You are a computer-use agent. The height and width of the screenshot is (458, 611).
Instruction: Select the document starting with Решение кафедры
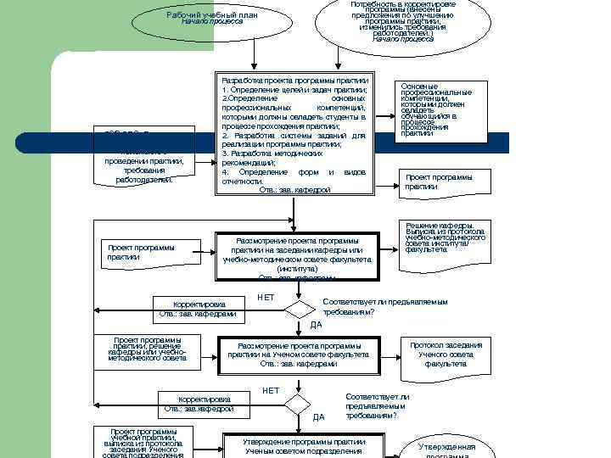tap(445, 241)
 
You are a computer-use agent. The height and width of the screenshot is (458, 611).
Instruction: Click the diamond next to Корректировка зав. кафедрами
tap(299, 310)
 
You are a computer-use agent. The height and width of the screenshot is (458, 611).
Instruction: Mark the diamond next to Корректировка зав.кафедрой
tap(297, 404)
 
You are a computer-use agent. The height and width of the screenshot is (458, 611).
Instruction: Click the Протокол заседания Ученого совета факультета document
tap(446, 355)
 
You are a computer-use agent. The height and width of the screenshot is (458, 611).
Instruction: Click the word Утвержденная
tap(446, 447)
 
